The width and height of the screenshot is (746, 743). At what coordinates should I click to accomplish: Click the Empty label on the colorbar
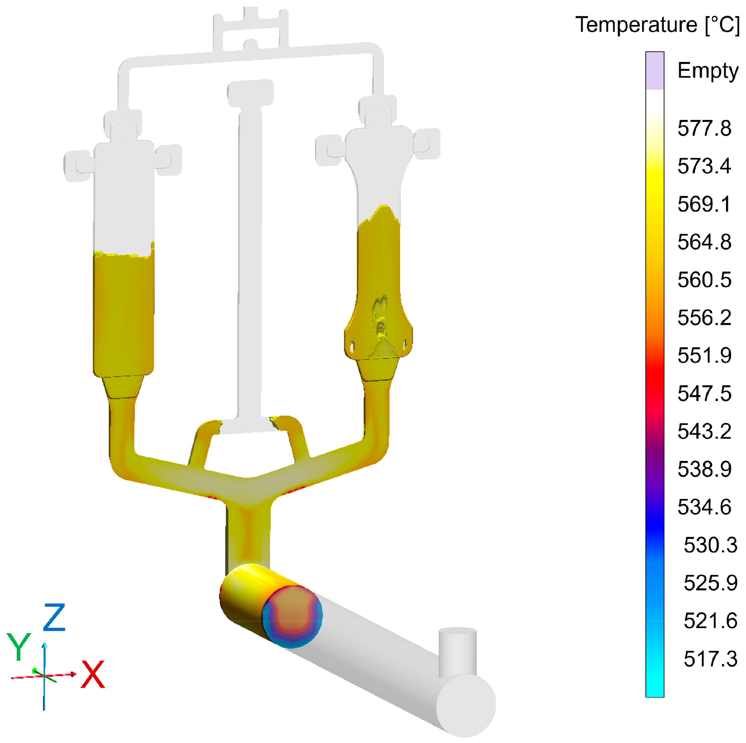[x=707, y=71]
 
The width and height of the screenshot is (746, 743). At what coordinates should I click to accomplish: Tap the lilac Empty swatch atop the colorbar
[x=655, y=71]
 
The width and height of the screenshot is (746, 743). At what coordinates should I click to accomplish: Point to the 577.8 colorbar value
[x=704, y=128]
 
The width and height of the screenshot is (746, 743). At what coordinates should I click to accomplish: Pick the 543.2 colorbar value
[x=704, y=431]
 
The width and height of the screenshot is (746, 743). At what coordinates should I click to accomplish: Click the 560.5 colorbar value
[x=704, y=280]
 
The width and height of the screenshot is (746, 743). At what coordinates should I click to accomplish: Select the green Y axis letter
[x=19, y=647]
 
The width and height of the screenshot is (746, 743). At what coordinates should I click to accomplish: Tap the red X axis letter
[x=93, y=674]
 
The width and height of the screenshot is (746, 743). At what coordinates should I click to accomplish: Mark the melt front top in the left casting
[x=124, y=254]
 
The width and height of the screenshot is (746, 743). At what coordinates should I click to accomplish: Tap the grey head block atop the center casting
[x=251, y=93]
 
